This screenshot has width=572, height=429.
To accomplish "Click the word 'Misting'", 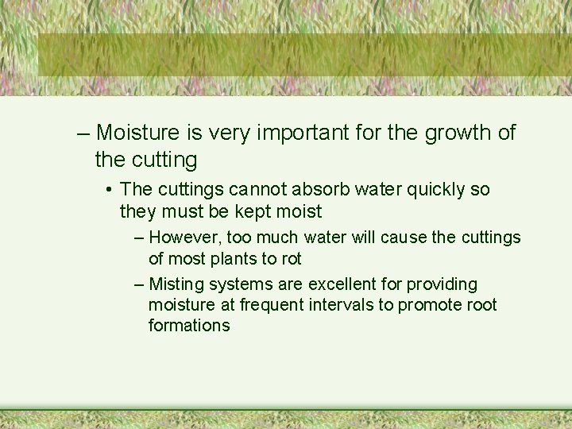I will click(x=176, y=284).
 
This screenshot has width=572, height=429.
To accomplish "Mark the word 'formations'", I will click(x=189, y=325).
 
